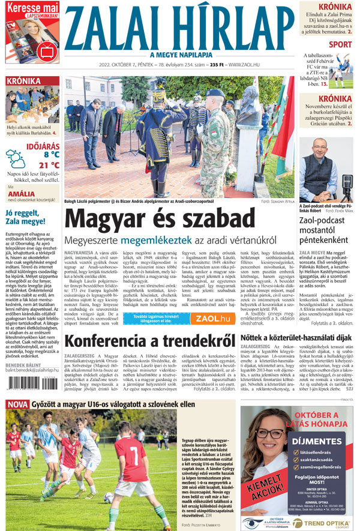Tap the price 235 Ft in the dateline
211,64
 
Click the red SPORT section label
340,44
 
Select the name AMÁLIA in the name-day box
21,193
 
